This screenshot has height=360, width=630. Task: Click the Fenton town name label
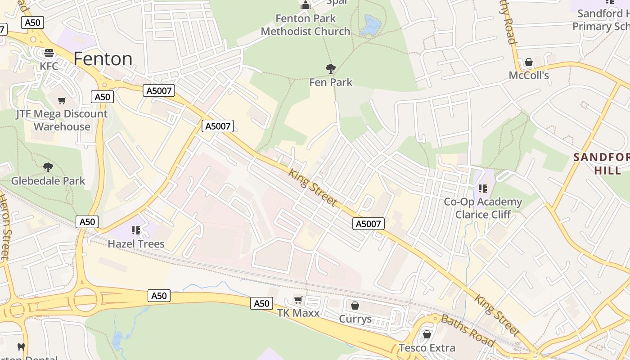point(103,59)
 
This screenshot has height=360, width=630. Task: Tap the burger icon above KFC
point(49,53)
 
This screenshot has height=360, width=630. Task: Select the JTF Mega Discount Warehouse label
point(62,120)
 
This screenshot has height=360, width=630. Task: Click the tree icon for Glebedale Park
point(48,167)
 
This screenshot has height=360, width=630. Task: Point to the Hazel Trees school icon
point(136,230)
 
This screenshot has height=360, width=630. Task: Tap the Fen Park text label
point(331,82)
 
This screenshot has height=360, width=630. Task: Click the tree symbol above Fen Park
point(331,69)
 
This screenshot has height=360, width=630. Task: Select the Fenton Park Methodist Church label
point(306,25)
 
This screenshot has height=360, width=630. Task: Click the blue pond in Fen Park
point(372,25)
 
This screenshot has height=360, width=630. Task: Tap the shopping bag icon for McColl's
point(529,62)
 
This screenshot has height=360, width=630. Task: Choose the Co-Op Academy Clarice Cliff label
point(483,208)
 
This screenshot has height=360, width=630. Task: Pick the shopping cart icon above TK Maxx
point(298,300)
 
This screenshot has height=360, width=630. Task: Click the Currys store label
point(355,319)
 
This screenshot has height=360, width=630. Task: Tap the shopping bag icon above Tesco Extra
point(427,334)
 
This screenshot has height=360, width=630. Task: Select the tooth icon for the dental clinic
point(21,347)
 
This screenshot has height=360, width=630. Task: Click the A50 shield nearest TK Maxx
point(261,303)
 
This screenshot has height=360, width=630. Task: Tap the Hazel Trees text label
point(136,244)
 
